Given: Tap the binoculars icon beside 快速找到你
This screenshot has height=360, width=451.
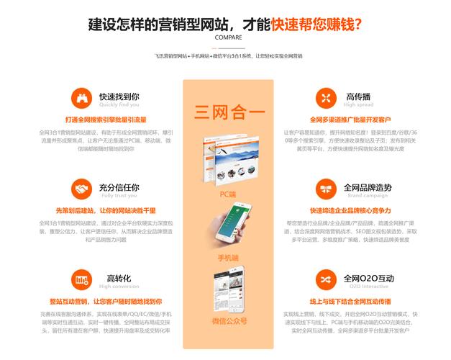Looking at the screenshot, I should [x=81, y=97].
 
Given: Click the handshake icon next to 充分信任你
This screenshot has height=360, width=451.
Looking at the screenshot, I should [x=81, y=189].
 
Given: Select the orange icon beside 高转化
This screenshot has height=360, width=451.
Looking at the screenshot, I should [x=81, y=280].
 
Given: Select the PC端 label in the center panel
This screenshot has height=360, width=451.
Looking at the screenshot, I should [x=228, y=194].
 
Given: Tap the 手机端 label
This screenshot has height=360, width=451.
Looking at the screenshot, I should [x=228, y=257].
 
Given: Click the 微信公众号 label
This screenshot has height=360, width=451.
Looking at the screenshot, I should [x=229, y=321].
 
